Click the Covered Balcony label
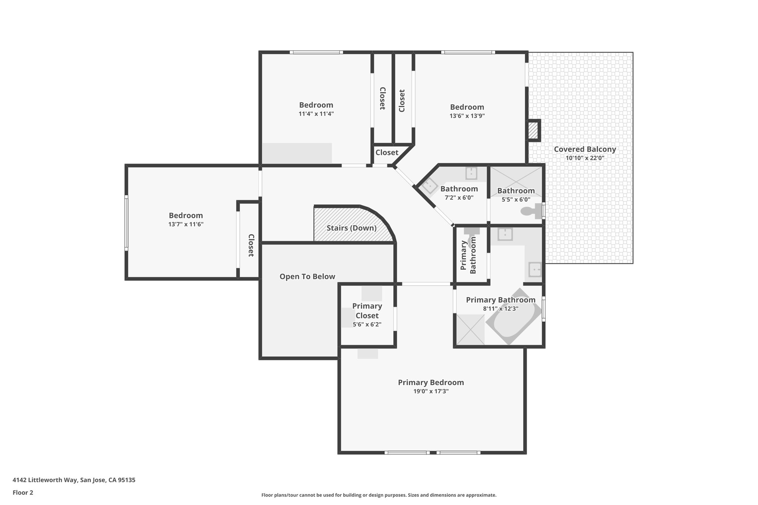(x=585, y=149)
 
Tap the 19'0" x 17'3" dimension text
(x=431, y=391)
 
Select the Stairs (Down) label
(x=351, y=228)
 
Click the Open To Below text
(x=307, y=276)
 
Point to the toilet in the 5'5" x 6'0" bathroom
(x=530, y=211)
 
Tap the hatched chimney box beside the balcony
(x=533, y=131)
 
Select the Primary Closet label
(x=367, y=311)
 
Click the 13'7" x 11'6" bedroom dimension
(x=186, y=224)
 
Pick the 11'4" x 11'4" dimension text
(x=316, y=114)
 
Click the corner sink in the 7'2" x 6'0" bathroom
(x=429, y=186)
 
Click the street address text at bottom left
(x=74, y=480)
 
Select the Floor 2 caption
(x=23, y=492)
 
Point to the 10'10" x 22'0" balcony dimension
(x=585, y=158)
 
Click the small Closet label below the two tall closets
(x=387, y=152)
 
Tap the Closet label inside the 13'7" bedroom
(x=251, y=245)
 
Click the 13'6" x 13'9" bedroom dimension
(x=467, y=116)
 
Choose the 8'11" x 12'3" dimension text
(x=500, y=309)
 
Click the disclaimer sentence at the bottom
(x=379, y=495)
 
